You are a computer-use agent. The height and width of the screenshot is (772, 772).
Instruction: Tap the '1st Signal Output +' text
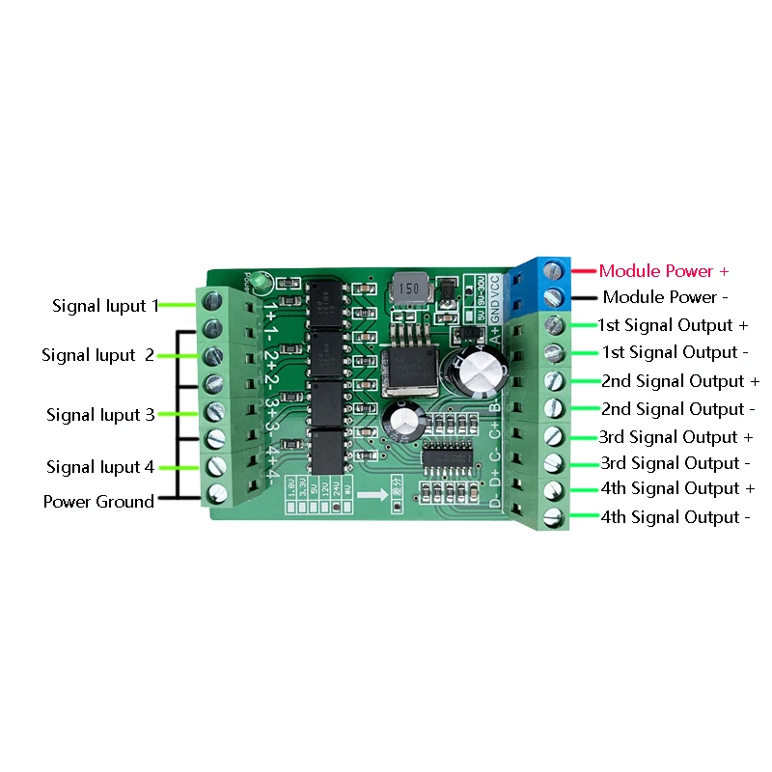(673, 325)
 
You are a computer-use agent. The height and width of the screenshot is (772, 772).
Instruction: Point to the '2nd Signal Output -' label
(673, 409)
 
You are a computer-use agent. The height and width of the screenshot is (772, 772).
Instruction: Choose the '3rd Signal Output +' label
(675, 437)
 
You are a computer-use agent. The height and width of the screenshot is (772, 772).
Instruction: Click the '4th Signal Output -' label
(675, 517)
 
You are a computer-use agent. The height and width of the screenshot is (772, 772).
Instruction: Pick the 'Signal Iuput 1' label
(105, 306)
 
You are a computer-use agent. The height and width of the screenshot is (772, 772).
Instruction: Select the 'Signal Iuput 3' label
(100, 415)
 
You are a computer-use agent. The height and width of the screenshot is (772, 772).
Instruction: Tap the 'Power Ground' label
(98, 502)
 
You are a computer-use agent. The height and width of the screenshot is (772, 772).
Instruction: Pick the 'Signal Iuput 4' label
(100, 467)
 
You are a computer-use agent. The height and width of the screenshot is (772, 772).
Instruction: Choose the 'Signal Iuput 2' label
(97, 355)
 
